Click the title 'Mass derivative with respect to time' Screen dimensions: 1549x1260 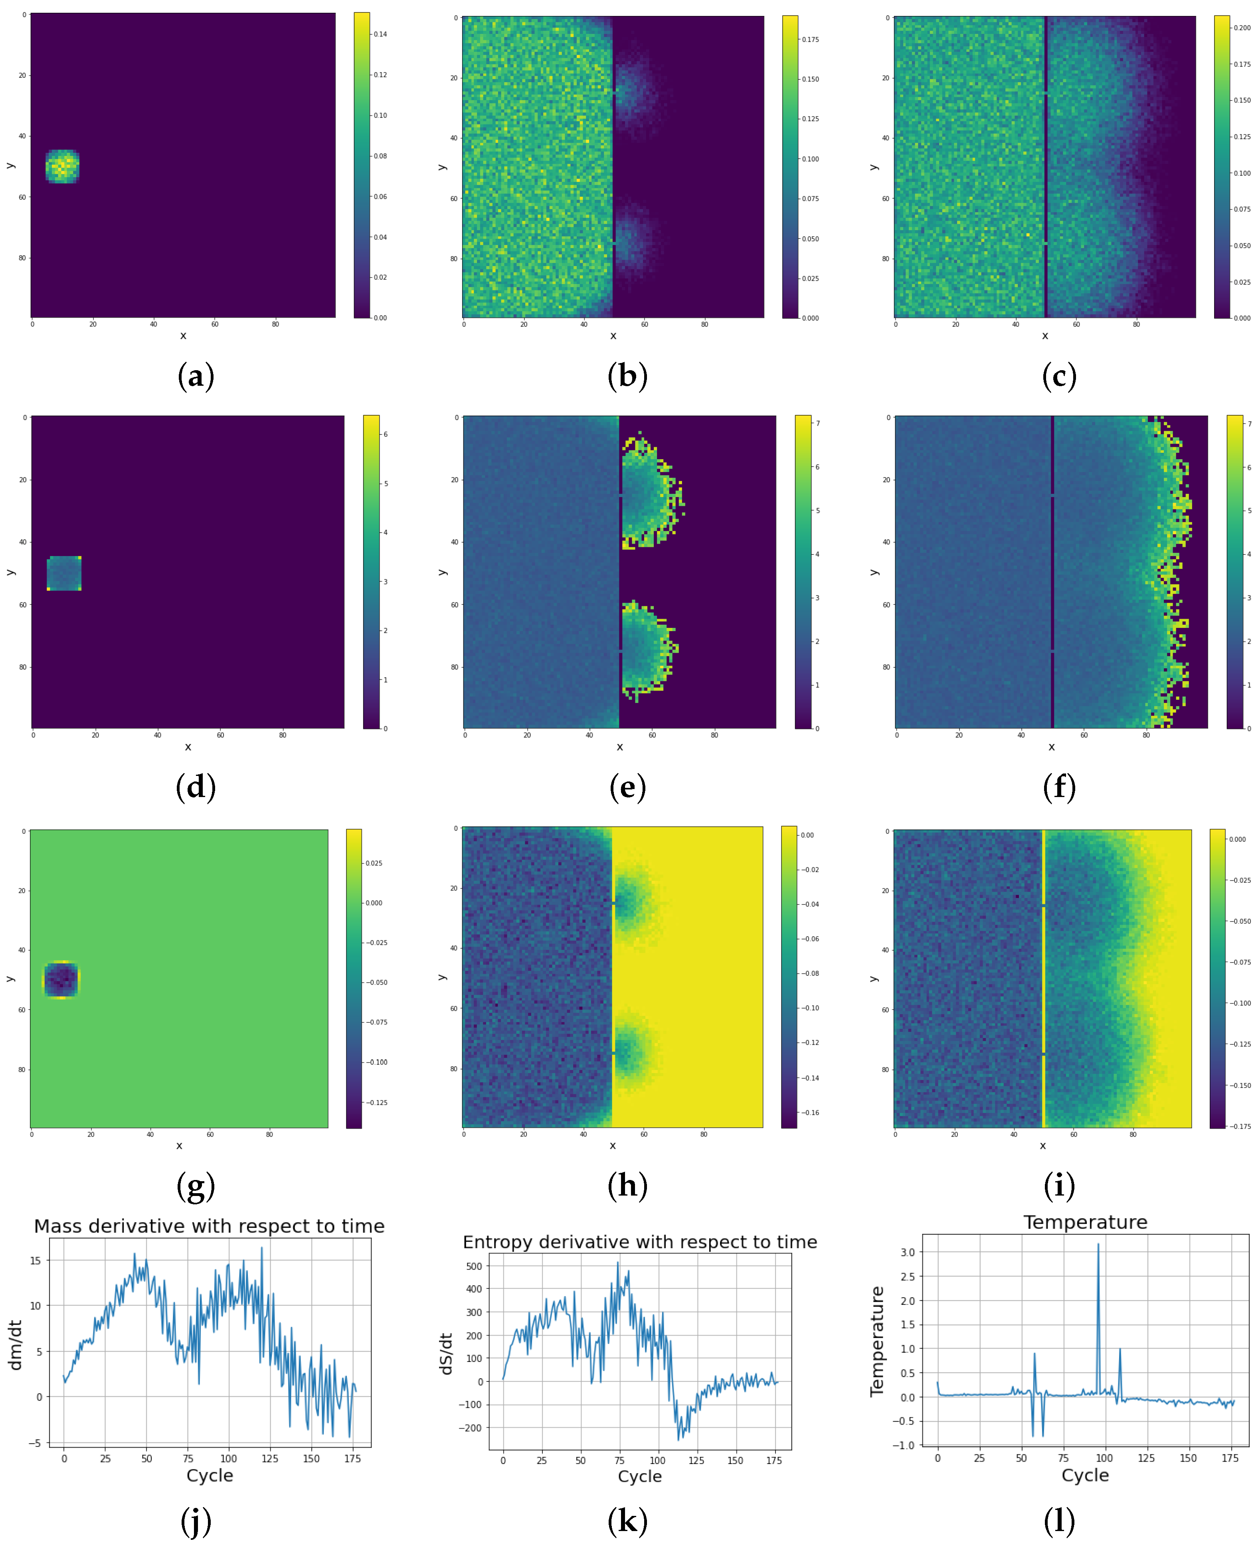[209, 1226]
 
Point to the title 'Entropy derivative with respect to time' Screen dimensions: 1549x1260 [639, 1242]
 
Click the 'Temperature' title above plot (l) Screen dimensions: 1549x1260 [1085, 1223]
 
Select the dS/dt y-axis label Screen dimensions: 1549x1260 [446, 1353]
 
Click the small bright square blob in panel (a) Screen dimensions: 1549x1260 [62, 166]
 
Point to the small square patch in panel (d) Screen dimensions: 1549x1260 [64, 573]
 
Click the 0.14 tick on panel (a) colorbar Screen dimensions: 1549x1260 [380, 34]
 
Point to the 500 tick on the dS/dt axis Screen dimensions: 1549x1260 [474, 1266]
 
